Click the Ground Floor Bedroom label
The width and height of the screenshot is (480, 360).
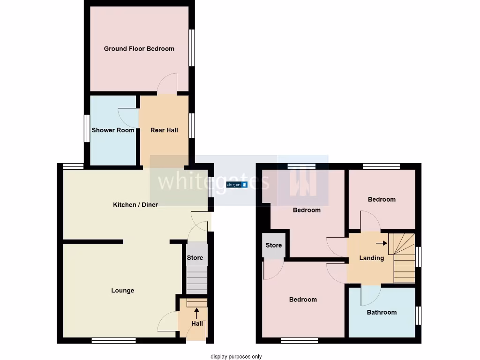tap(139, 49)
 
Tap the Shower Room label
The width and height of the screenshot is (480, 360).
tap(113, 130)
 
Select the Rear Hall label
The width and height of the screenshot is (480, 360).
tap(164, 130)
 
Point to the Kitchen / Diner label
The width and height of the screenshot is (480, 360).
tap(135, 205)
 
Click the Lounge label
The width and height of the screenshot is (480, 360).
tap(123, 291)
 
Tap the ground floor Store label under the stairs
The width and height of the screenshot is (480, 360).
tap(195, 258)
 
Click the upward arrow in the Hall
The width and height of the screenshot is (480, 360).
tap(196, 313)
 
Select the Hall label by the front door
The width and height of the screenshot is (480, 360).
tap(197, 323)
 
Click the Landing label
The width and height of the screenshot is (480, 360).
tap(372, 258)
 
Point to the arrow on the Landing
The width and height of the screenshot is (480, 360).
tap(381, 243)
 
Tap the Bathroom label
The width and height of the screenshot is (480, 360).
tap(382, 313)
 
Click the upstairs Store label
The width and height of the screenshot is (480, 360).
tap(274, 245)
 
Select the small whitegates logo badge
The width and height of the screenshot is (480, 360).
tap(237, 185)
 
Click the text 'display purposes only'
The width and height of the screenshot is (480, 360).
tap(236, 357)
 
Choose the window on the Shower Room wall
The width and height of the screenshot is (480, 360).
tap(87, 128)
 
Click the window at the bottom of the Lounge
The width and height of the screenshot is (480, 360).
tap(113, 341)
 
